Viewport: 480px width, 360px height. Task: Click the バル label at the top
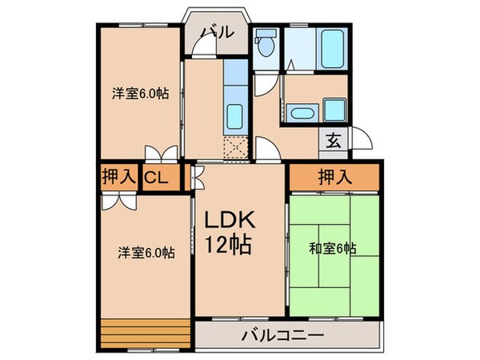[217, 33]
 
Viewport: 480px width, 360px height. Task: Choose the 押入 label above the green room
[334, 178]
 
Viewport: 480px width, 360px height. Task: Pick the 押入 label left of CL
[118, 178]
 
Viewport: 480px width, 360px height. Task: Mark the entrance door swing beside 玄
[358, 138]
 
